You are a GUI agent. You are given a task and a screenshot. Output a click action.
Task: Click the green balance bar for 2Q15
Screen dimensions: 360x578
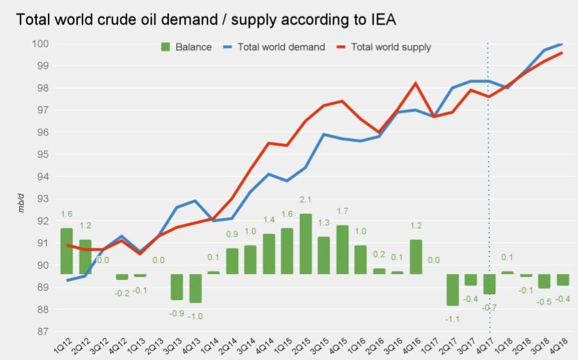click(x=306, y=244)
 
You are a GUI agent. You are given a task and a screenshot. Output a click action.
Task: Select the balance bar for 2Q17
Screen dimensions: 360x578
click(x=453, y=290)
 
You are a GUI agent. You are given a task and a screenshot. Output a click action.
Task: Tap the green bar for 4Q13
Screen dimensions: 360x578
click(x=195, y=288)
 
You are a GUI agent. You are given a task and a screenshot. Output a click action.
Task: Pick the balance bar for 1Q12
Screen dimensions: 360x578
click(x=66, y=251)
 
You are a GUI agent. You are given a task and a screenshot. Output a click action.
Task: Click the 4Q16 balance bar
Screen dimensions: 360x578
click(x=416, y=257)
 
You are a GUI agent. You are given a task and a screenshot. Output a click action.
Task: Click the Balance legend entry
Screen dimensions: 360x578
click(x=185, y=47)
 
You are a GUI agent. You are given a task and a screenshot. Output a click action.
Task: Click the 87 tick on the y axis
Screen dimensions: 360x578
click(x=44, y=332)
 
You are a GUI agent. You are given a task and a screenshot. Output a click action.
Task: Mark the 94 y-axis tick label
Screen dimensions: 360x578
click(x=44, y=176)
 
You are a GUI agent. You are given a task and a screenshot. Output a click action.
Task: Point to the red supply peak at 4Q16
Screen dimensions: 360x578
click(x=416, y=83)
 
